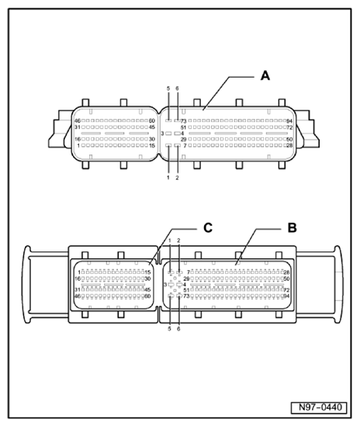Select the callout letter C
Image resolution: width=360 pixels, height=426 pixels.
(207, 227)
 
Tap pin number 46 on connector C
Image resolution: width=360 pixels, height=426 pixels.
(78, 296)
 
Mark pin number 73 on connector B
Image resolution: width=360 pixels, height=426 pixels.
(186, 296)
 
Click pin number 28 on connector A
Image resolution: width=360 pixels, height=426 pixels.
(289, 145)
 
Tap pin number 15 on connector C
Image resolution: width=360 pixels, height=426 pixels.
(147, 272)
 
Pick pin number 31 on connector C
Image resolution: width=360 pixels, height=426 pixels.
(78, 289)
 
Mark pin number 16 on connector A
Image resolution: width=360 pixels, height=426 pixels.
(77, 139)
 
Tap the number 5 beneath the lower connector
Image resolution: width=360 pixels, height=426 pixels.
(169, 329)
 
